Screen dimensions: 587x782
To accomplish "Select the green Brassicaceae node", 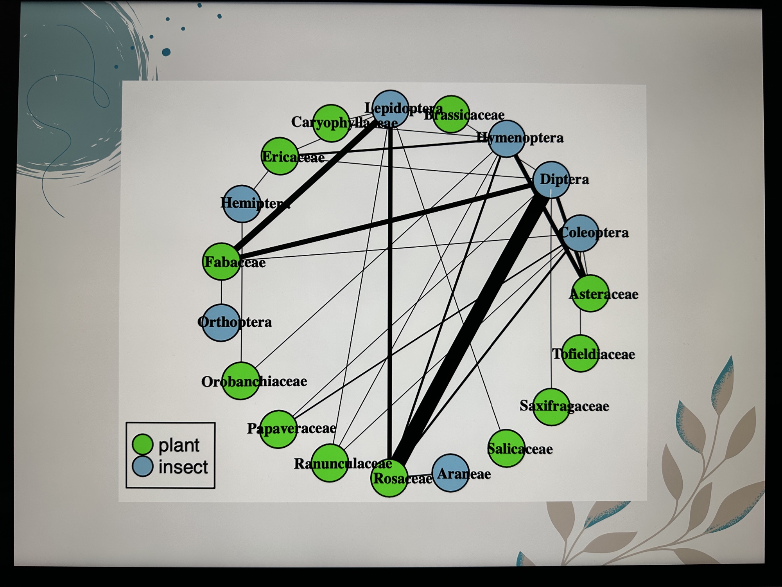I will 451,114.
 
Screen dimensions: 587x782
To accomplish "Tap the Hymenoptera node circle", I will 507,139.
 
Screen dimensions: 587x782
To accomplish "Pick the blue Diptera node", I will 551,180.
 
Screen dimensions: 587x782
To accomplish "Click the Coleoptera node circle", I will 580,233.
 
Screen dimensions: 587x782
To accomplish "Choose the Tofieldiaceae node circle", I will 580,353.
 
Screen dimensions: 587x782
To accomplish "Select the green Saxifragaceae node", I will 551,407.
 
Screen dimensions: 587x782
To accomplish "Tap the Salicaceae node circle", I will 506,448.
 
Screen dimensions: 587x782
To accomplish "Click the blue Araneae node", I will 451,472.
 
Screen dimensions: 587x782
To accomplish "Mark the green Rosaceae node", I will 389,478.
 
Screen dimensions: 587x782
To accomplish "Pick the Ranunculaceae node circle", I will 330,463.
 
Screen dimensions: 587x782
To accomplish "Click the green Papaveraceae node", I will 278,429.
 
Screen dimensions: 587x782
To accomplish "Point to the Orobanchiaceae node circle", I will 240,381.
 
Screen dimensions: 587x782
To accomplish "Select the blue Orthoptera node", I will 221,322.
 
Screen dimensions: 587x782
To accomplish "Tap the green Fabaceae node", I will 221,261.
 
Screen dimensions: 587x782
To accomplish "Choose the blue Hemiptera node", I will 242,203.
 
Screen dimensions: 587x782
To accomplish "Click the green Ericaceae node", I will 279,156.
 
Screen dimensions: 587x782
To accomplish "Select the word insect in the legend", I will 183,467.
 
